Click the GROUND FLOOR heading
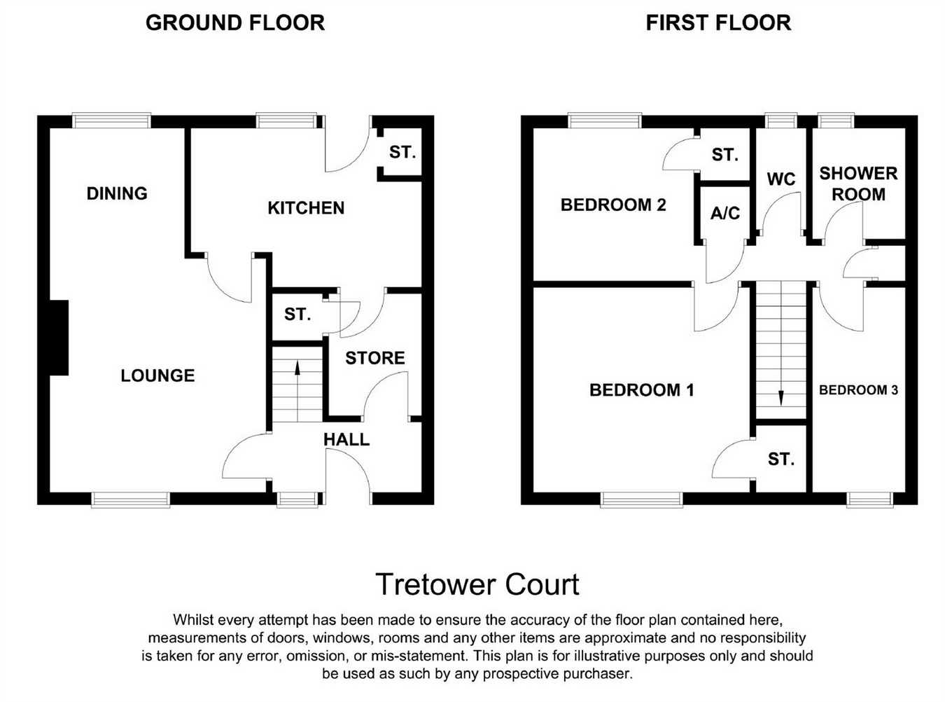(x=234, y=23)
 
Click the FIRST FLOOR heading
(x=718, y=23)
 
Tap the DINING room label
(x=117, y=193)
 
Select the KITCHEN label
(x=306, y=208)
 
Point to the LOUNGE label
(x=157, y=376)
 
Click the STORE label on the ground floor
(x=375, y=358)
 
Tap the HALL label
(x=346, y=440)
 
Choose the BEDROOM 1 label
(x=642, y=390)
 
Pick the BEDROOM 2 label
(x=613, y=205)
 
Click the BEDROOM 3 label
(x=858, y=390)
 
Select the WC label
(x=781, y=179)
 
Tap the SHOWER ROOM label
(x=858, y=184)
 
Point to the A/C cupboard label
(x=725, y=213)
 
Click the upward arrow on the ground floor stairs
(x=297, y=378)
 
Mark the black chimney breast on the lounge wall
(x=58, y=338)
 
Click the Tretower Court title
(x=477, y=584)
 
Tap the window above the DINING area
(x=112, y=121)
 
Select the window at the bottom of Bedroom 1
(x=641, y=499)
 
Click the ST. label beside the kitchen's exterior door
(x=402, y=152)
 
